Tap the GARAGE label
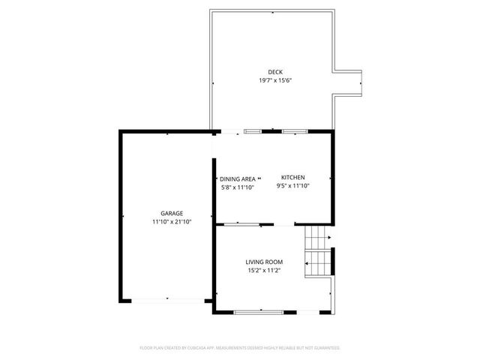(172, 213)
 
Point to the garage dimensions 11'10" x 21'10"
(172, 221)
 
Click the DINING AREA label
(238, 178)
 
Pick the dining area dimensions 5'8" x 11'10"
(238, 187)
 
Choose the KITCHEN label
(292, 177)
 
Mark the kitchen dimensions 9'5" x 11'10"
(292, 185)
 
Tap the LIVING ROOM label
(264, 262)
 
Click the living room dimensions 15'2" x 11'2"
(264, 270)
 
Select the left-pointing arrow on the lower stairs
(307, 263)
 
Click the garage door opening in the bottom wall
(166, 299)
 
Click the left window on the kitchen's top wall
(253, 132)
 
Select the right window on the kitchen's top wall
(294, 132)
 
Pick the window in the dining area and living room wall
(241, 223)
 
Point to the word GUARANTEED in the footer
(325, 348)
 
